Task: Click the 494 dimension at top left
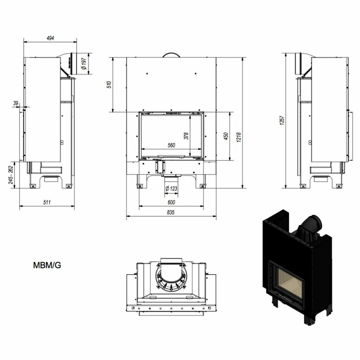point(50,38)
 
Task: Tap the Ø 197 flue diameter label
point(84,64)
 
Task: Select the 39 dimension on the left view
point(15,103)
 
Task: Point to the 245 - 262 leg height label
point(11,175)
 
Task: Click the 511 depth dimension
point(47,202)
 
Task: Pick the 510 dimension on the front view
point(109,85)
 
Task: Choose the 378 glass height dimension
point(186,136)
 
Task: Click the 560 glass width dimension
point(171,145)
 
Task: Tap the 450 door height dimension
point(226,136)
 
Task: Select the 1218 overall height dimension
point(239,137)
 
